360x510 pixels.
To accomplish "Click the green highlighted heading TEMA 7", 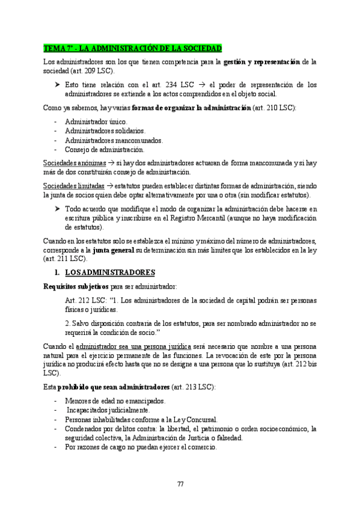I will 133,48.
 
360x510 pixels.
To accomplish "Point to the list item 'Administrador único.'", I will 96,121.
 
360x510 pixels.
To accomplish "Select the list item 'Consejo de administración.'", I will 105,150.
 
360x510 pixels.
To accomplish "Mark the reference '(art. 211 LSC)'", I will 65,259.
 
